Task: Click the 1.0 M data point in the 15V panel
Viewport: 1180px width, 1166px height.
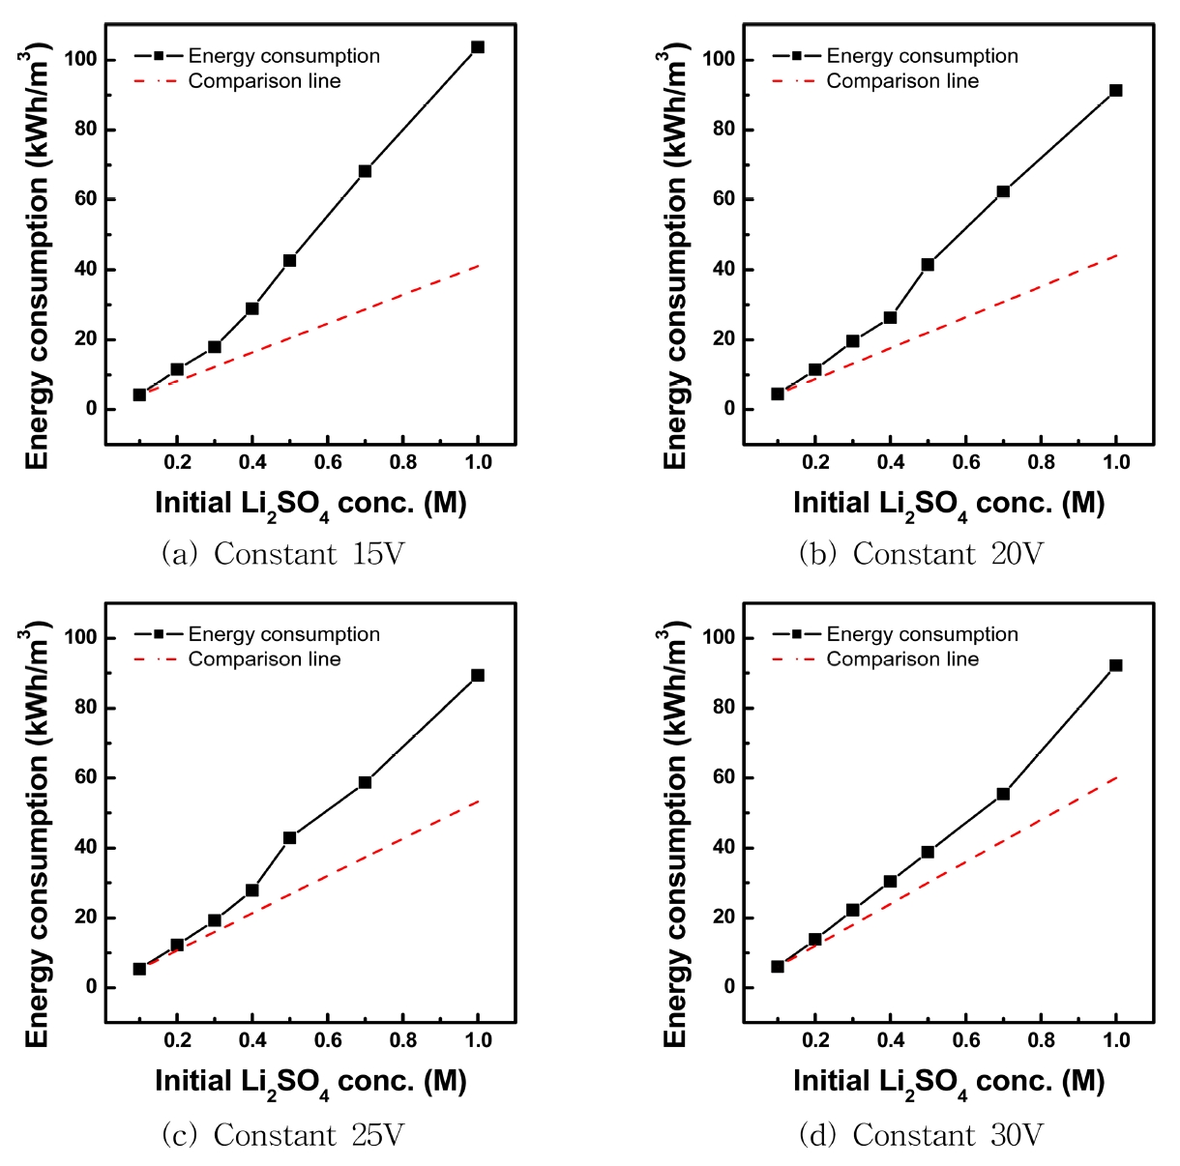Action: coord(478,46)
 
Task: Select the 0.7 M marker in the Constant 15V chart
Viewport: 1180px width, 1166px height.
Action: coord(365,171)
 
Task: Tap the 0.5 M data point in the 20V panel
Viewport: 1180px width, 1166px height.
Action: coord(928,264)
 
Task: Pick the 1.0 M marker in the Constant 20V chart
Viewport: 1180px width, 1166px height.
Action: coord(1116,90)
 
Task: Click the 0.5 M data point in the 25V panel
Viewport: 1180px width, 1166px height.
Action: coord(289,837)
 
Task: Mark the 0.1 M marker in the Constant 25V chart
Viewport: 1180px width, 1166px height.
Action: coord(139,969)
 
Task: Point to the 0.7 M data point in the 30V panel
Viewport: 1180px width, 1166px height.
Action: coord(1003,794)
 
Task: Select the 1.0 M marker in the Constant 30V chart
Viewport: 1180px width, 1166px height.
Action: coord(1116,665)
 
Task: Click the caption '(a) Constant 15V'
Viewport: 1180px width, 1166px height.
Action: coord(282,554)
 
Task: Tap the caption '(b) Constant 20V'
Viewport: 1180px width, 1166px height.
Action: coord(921,554)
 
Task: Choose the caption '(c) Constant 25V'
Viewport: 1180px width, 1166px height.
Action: coord(282,1134)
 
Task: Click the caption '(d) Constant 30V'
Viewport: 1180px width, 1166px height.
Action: coord(921,1134)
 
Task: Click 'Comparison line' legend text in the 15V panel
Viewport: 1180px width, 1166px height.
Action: coord(264,81)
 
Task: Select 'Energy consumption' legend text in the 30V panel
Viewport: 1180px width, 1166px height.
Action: coord(922,634)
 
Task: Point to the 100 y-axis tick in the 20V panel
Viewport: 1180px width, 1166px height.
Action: coord(719,59)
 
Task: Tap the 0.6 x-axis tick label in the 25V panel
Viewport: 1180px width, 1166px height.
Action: coord(328,1040)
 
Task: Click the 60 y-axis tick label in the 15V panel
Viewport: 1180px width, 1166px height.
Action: coord(85,199)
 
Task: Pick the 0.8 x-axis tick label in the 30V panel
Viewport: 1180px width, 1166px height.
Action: coord(1041,1040)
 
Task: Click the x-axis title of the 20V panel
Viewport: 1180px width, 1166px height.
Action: coord(949,505)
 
